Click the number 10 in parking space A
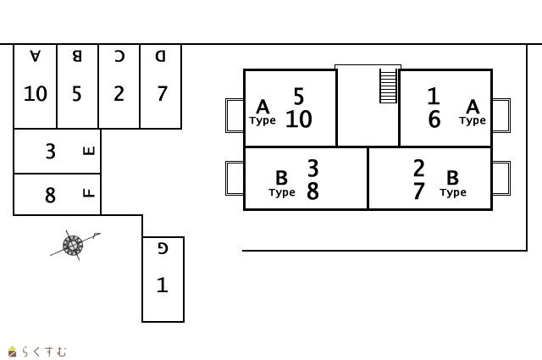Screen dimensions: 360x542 tap(36, 93)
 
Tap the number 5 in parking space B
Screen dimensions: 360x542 tap(77, 93)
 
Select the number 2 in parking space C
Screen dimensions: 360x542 tap(119, 93)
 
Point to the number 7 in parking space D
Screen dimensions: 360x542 tap(161, 93)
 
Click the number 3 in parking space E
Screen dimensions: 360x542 tap(50, 151)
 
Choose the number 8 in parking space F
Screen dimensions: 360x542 tap(50, 195)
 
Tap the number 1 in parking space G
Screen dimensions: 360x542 tap(163, 285)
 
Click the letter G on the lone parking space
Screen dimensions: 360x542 tap(163, 248)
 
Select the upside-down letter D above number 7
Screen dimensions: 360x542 tap(161, 57)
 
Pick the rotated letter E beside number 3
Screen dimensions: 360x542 tap(89, 151)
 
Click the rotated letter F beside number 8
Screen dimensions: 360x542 tap(89, 193)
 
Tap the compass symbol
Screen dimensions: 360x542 tap(73, 245)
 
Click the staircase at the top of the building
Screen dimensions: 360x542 tap(388, 86)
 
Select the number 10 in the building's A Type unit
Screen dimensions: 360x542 tap(298, 119)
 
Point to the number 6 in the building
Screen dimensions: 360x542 tap(434, 120)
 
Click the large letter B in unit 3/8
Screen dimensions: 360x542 tap(281, 178)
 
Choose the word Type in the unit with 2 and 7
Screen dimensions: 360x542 tap(452, 192)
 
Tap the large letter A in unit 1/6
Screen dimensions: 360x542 tap(473, 106)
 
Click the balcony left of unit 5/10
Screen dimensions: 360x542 tap(235, 115)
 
